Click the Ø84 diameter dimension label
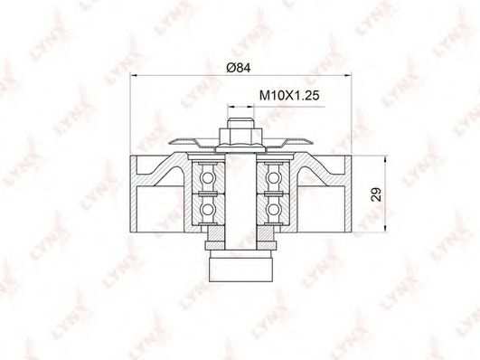(x=239, y=68)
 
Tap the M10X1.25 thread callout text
(x=289, y=95)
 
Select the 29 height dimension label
(x=376, y=194)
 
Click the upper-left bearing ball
(x=208, y=177)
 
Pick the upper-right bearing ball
(x=273, y=177)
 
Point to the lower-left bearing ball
(x=208, y=210)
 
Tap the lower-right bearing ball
(x=273, y=210)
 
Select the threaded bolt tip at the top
(x=241, y=123)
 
